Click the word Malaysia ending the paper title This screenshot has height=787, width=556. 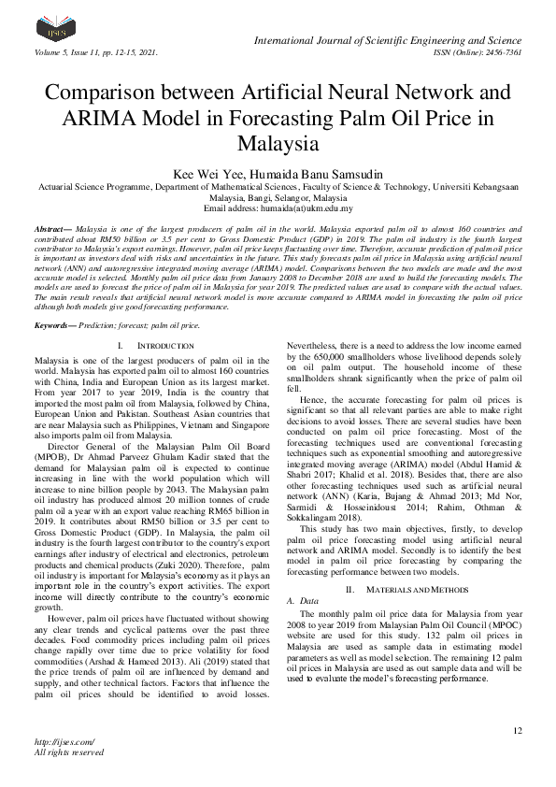[278, 145]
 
